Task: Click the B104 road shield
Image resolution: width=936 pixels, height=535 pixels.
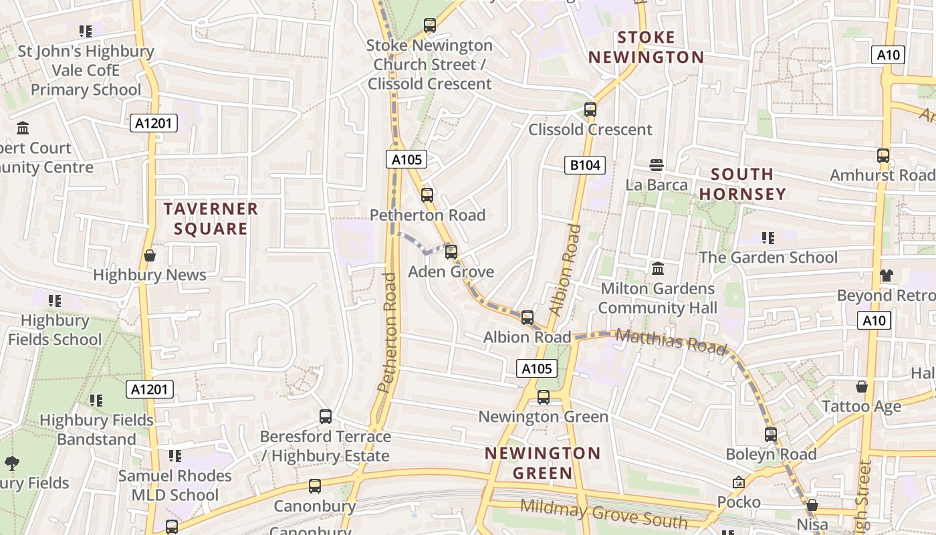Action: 584,165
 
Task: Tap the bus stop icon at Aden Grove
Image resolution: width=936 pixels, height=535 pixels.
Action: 451,252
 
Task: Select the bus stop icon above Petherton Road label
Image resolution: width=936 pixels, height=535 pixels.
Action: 427,195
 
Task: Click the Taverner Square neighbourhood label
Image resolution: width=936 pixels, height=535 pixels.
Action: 211,219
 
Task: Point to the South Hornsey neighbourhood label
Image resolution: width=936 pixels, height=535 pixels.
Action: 742,184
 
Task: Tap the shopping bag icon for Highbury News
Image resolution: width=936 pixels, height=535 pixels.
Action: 150,255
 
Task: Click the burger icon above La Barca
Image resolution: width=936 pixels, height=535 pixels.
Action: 657,165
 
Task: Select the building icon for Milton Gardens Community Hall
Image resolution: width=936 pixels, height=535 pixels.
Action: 658,269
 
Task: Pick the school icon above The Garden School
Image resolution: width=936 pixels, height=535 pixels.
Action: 768,238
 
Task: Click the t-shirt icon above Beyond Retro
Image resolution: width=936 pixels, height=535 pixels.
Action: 887,276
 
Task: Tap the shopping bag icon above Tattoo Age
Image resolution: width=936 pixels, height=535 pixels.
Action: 862,387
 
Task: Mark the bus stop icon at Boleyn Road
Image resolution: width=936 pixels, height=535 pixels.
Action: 771,435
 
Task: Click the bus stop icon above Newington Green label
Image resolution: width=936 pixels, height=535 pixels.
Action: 544,397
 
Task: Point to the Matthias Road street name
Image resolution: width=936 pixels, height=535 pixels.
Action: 671,341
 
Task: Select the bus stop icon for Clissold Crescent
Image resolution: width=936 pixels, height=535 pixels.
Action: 590,110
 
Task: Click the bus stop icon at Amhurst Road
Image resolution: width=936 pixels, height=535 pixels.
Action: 883,156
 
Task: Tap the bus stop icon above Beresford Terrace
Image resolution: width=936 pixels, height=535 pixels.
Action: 326,417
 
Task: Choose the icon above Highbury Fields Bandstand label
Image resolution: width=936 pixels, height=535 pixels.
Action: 96,401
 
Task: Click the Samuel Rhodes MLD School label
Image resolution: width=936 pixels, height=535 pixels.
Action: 175,486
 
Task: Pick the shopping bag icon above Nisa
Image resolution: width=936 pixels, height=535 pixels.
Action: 812,505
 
